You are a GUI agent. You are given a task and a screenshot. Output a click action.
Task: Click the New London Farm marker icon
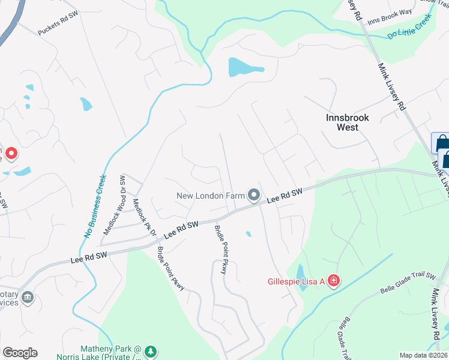pyautogui.click(x=254, y=195)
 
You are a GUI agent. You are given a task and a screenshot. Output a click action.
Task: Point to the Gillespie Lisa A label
pyautogui.click(x=296, y=281)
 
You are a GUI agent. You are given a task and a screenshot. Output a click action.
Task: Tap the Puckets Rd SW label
pyautogui.click(x=59, y=23)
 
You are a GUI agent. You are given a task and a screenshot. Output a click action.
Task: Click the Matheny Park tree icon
pyautogui.click(x=152, y=350)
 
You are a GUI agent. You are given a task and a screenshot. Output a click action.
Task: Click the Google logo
pyautogui.click(x=20, y=353)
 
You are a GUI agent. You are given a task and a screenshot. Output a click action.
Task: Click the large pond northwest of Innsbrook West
pyautogui.click(x=244, y=67)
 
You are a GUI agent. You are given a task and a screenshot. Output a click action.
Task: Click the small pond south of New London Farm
pyautogui.click(x=249, y=234)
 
